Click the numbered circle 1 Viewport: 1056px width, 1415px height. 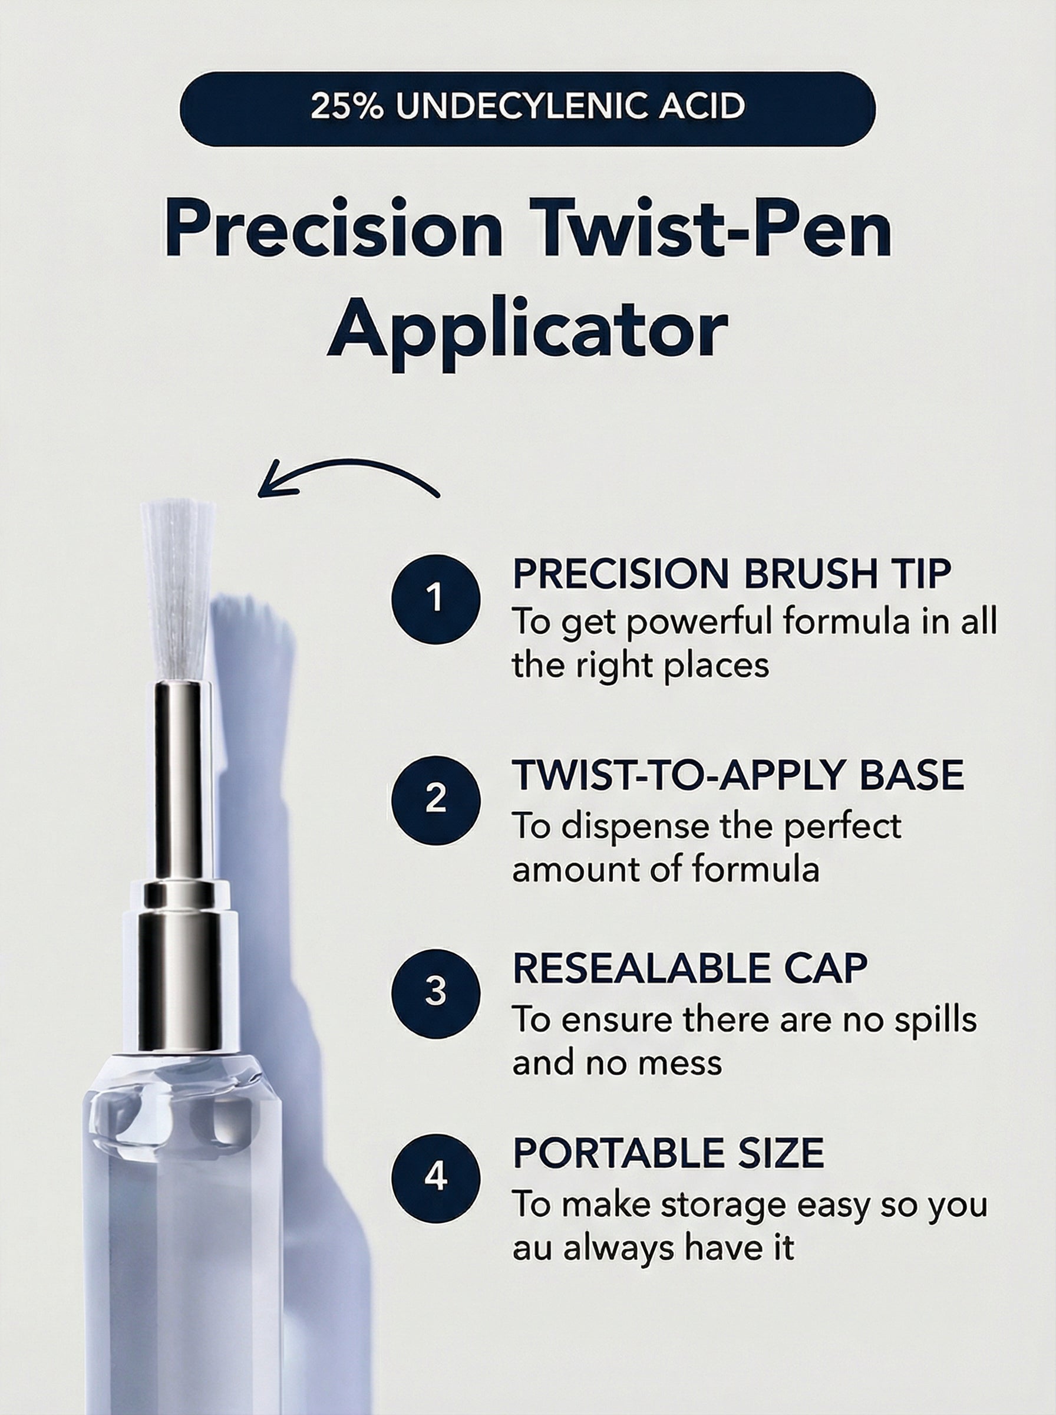(435, 598)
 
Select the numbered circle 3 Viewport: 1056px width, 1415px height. (435, 992)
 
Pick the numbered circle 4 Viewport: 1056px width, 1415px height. (435, 1176)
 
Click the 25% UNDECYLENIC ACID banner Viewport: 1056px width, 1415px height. (527, 108)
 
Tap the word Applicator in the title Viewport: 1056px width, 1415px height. (527, 330)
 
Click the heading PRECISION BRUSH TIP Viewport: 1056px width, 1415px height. (732, 574)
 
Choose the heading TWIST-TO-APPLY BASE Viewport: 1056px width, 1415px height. (738, 774)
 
